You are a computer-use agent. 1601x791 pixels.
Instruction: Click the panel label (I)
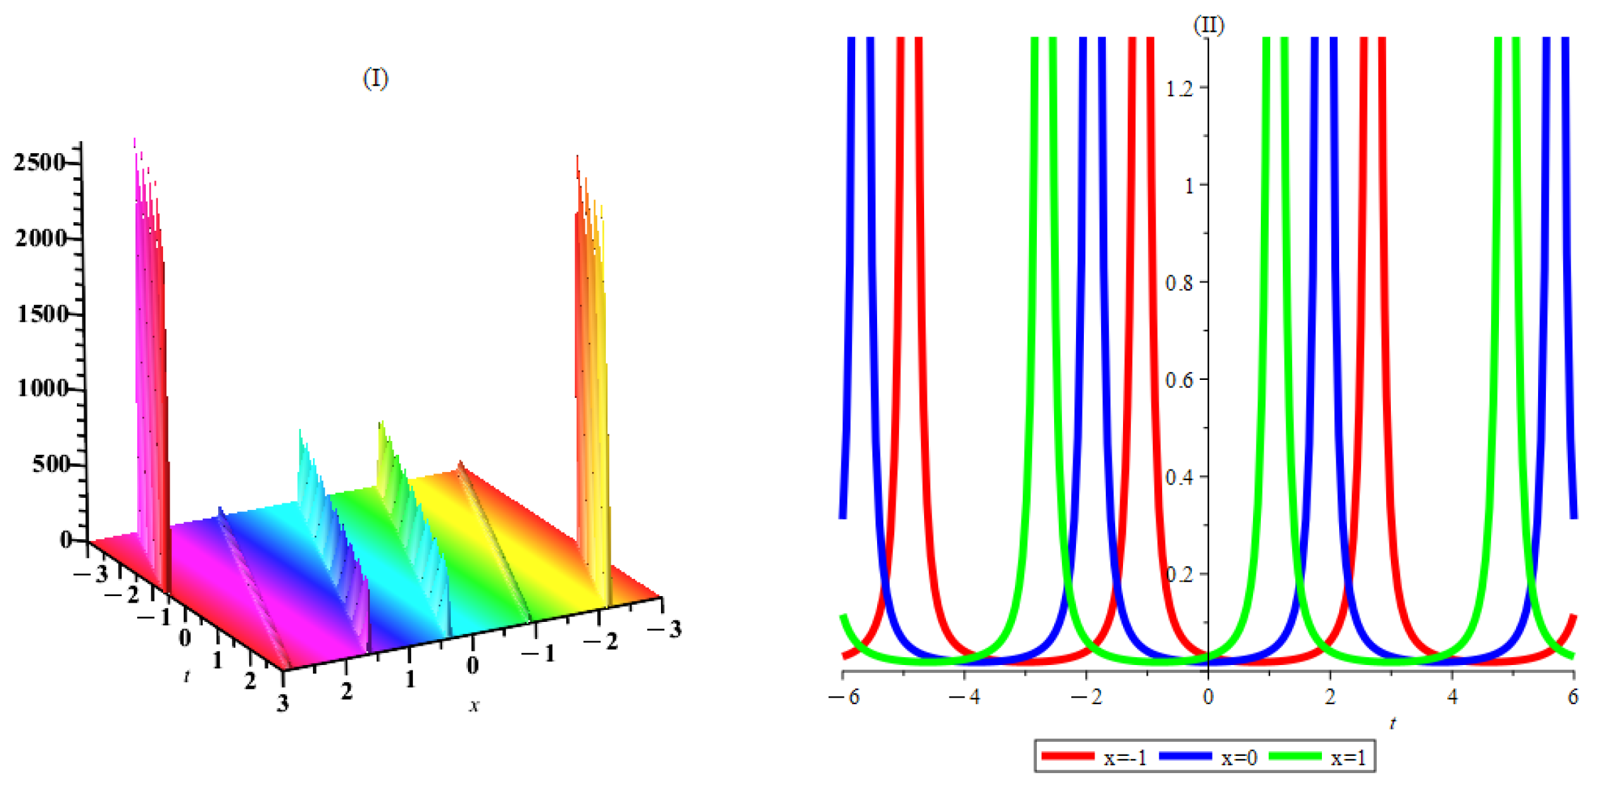click(375, 79)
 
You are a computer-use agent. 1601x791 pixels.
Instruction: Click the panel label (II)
click(1208, 25)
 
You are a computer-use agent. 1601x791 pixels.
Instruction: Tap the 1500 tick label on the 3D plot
click(42, 314)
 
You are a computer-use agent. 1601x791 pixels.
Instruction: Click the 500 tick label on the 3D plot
click(50, 464)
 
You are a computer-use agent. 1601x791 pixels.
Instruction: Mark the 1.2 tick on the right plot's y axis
click(1179, 88)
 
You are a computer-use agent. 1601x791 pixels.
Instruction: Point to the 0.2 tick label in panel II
click(1179, 574)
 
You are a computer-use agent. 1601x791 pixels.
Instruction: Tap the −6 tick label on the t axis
click(844, 697)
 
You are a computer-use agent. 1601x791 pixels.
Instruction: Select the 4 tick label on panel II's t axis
click(1452, 697)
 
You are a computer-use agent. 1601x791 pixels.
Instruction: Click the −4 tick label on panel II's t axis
click(965, 697)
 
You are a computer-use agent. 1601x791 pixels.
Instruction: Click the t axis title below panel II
click(1392, 723)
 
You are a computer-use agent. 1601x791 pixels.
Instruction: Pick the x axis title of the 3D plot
click(473, 706)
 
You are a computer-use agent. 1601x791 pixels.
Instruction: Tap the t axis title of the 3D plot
click(187, 676)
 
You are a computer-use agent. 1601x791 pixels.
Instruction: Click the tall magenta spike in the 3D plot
click(150, 332)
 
